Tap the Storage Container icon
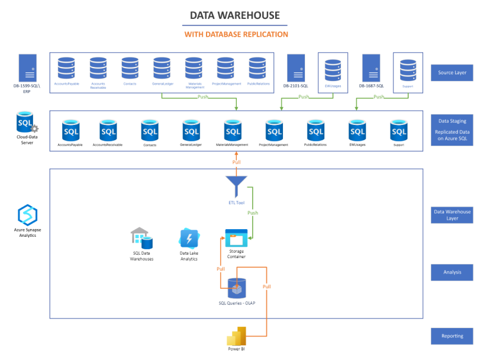(x=236, y=239)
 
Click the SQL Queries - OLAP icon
(x=237, y=288)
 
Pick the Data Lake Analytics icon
(x=188, y=239)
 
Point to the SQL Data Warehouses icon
(x=142, y=238)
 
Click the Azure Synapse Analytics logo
(x=28, y=215)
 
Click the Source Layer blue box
(x=452, y=73)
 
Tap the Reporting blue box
(x=452, y=336)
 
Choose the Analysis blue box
(x=452, y=272)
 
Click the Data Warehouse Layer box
(x=452, y=215)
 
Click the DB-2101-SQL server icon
(x=295, y=67)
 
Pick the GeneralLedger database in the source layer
(x=162, y=68)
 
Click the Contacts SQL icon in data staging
(x=150, y=130)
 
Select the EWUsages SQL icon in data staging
(x=357, y=130)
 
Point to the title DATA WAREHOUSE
(x=235, y=15)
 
